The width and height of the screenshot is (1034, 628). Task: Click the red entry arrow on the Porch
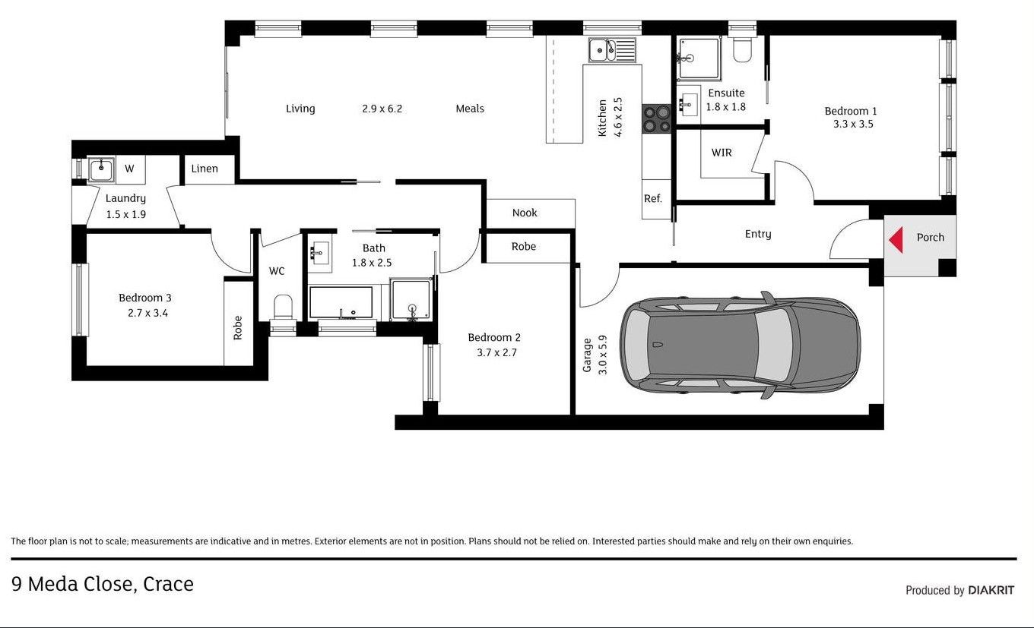(x=896, y=240)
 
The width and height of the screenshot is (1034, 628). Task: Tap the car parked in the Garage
(x=740, y=345)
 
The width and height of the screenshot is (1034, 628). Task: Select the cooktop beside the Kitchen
(x=656, y=118)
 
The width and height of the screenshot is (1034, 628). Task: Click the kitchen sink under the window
(x=611, y=50)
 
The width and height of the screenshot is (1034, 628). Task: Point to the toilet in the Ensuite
(x=742, y=49)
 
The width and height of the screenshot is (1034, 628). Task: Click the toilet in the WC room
(x=283, y=308)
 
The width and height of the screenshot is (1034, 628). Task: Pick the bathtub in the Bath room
(x=341, y=302)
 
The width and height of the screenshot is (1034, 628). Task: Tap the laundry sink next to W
(x=101, y=169)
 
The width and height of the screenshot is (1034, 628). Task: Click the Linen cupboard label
(x=205, y=169)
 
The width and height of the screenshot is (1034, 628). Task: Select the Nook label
(x=525, y=213)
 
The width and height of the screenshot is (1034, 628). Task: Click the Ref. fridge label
(x=652, y=198)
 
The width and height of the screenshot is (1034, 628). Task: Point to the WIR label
(x=722, y=153)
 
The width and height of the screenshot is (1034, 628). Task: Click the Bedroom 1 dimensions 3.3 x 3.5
(x=853, y=124)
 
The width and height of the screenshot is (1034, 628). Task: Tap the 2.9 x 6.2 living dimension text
(x=382, y=109)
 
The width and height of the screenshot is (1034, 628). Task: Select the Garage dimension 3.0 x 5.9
(x=602, y=355)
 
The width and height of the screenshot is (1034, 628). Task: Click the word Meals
(x=470, y=109)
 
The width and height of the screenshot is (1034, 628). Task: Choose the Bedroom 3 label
(x=145, y=298)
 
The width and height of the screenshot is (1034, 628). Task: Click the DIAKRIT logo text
(x=991, y=590)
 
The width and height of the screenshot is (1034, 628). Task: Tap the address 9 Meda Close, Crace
(x=103, y=584)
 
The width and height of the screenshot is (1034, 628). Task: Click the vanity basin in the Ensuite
(x=688, y=104)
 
